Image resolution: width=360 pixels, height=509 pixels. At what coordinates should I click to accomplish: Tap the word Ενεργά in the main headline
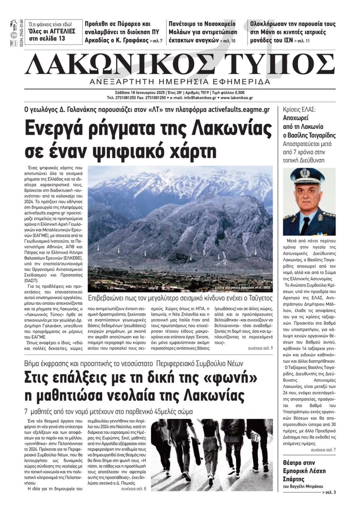(57, 128)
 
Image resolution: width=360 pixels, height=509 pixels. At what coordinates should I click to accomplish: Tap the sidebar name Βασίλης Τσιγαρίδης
(309, 135)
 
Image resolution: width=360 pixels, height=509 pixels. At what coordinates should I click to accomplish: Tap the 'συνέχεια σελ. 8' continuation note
(134, 489)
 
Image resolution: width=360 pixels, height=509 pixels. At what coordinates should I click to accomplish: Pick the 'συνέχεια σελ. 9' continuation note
(260, 349)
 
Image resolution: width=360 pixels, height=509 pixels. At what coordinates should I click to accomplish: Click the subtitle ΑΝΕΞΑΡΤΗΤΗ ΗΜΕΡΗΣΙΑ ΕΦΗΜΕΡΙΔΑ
(180, 82)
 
